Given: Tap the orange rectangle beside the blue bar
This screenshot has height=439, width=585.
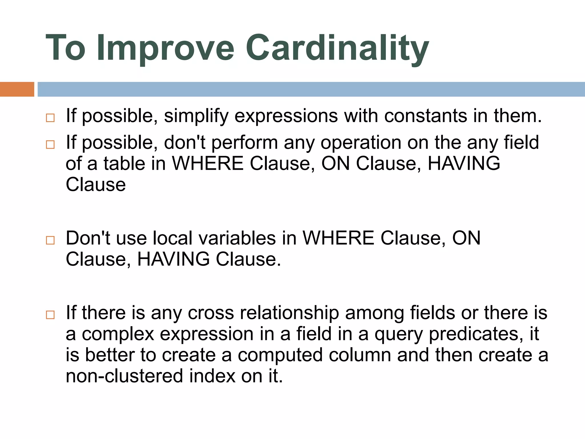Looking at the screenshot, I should pos(17,89).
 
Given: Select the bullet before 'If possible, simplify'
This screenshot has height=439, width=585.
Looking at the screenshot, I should pos(50,118).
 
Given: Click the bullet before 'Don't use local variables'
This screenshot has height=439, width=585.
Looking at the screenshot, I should pos(50,240).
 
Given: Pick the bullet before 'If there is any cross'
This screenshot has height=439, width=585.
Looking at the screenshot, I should pos(50,315).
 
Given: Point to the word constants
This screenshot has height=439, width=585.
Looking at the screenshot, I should pos(426,116).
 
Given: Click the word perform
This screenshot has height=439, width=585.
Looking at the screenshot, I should pos(245,143).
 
